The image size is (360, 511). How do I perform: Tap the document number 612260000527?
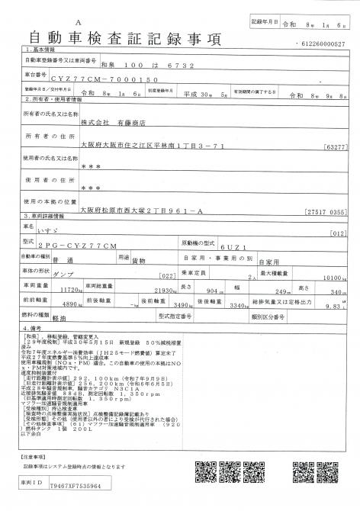point(323,43)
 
